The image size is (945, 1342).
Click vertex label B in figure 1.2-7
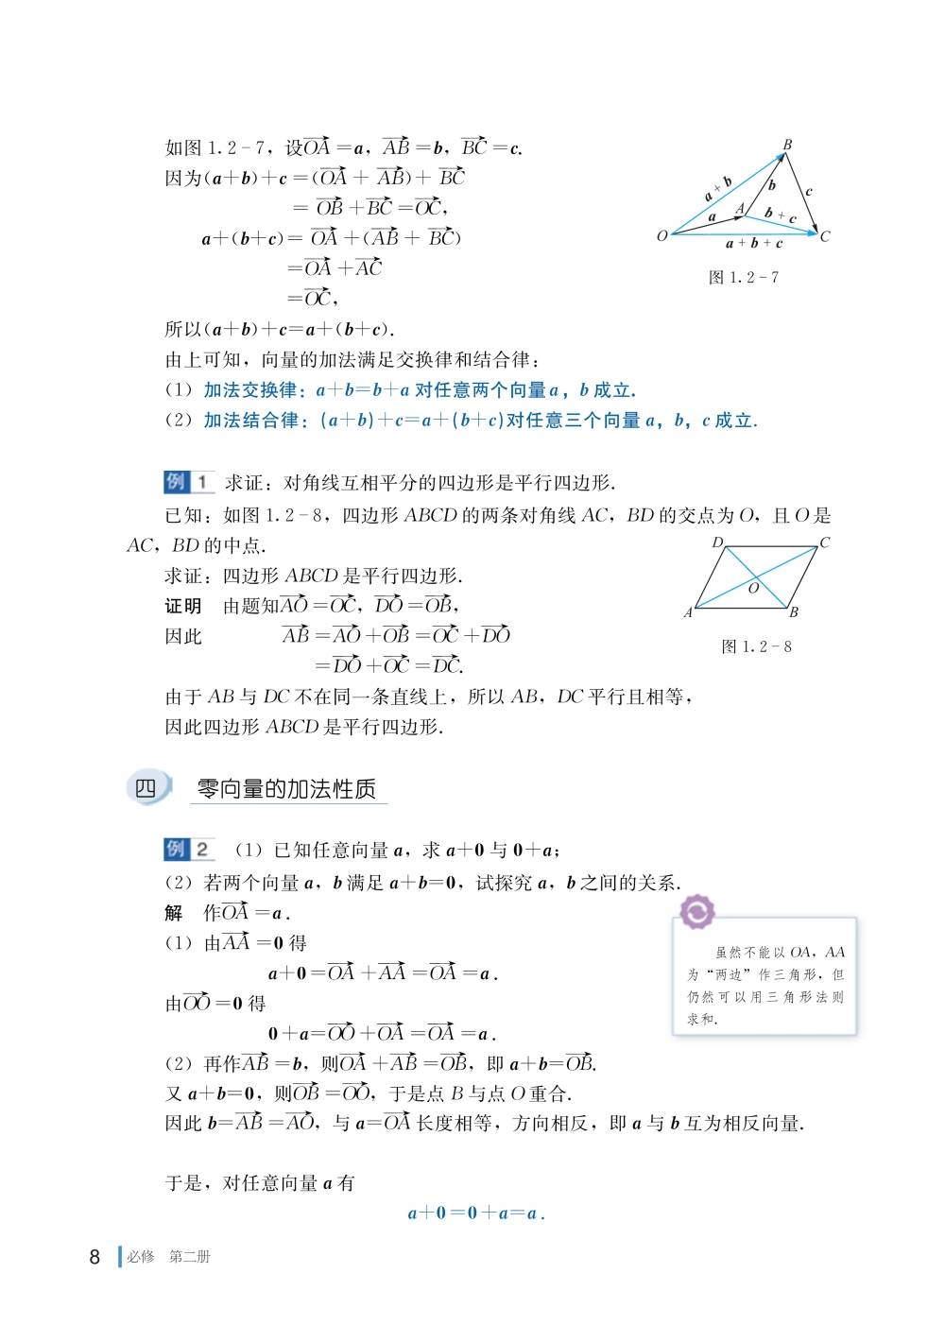tap(787, 145)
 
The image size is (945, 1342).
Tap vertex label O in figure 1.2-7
tap(661, 235)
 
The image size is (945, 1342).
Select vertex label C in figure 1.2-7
tap(825, 236)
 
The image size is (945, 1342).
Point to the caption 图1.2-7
tap(744, 277)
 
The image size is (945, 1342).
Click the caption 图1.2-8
tap(756, 646)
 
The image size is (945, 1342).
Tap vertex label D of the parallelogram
tap(717, 542)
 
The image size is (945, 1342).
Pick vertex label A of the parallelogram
tap(688, 612)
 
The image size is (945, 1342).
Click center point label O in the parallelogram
tap(753, 588)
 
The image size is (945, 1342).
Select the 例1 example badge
tap(189, 482)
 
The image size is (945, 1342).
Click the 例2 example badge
tap(189, 849)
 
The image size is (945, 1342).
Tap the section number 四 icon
tap(146, 788)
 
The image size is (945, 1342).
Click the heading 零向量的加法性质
tap(286, 789)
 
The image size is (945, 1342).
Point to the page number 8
tap(94, 1257)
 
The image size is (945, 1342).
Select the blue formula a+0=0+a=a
tap(476, 1213)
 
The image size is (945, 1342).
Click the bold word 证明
tap(183, 606)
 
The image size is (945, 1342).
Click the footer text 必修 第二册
tap(168, 1257)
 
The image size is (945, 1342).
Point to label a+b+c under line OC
tap(753, 244)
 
